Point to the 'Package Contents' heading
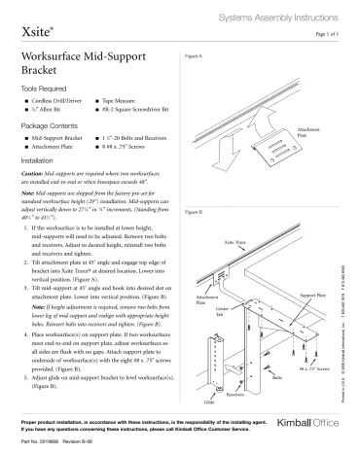pyautogui.click(x=52, y=127)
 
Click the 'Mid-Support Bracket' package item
pyautogui.click(x=56, y=140)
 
